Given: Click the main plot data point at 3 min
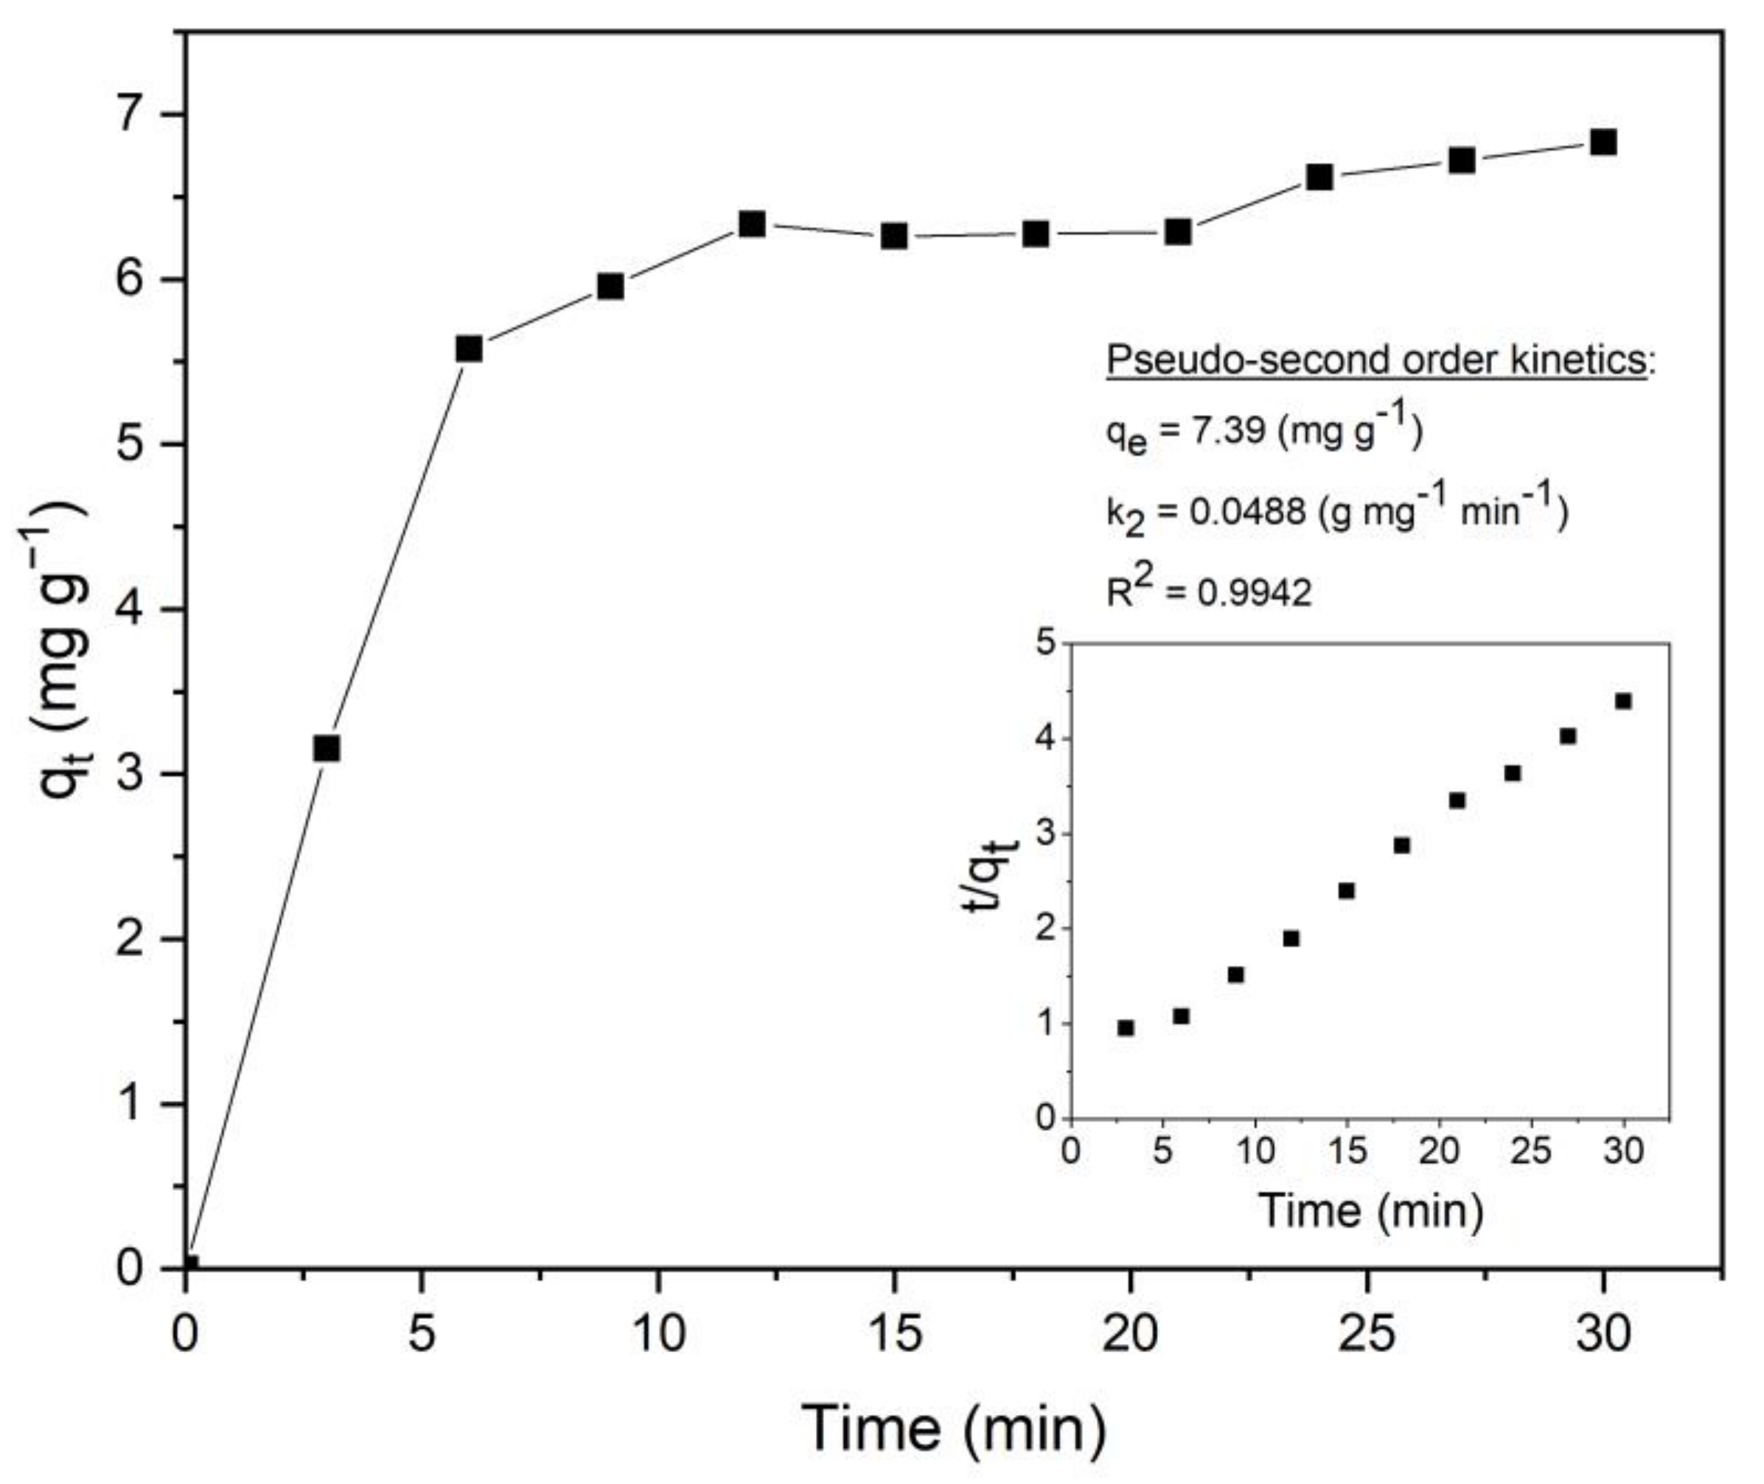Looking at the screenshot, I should click(327, 748).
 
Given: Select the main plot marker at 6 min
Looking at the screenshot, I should click(469, 349).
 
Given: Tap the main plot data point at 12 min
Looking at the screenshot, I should click(753, 224).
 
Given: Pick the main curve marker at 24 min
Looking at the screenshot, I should click(1319, 177).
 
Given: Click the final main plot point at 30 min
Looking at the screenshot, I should click(1603, 142).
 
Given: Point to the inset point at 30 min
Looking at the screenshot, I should click(1623, 701).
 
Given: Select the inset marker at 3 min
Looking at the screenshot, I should click(1126, 1028).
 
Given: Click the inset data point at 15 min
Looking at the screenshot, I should click(1347, 891).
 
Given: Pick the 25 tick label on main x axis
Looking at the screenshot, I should click(1367, 1334).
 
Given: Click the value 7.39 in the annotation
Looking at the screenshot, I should click(1230, 432).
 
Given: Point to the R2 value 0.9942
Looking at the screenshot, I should click(1254, 593).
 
